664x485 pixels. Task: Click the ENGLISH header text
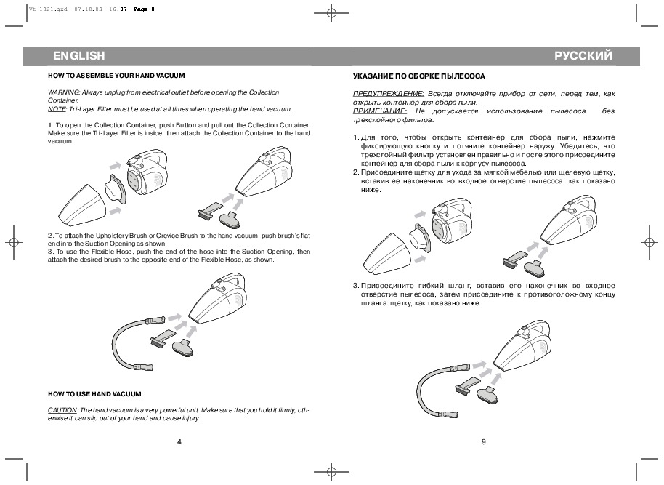tap(79, 55)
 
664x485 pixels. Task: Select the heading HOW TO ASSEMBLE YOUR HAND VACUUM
tap(116, 76)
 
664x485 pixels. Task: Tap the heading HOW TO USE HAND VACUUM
tap(94, 393)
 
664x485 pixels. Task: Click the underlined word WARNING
tap(63, 92)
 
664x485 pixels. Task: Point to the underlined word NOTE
tap(56, 108)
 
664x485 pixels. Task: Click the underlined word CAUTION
tap(62, 410)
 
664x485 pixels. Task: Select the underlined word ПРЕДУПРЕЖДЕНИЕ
tap(388, 94)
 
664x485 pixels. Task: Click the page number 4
tap(179, 441)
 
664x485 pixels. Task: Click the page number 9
tap(482, 441)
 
